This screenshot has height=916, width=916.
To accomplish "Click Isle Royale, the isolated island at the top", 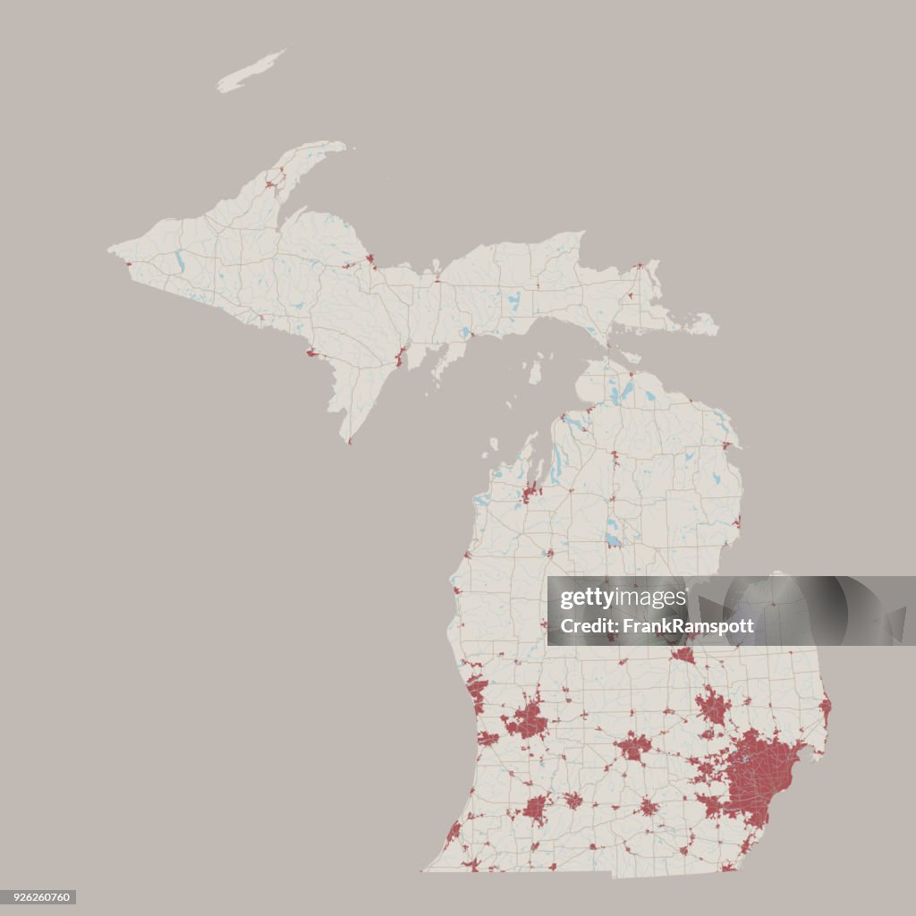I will (x=250, y=72).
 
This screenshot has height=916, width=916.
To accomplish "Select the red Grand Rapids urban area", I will (x=527, y=721).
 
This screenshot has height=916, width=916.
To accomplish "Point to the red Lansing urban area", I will (x=633, y=745).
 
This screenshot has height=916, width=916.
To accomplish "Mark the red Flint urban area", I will (x=713, y=706).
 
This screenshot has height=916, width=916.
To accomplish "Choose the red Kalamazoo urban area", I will (x=535, y=809).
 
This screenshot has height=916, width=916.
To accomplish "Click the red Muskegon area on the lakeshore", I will (x=477, y=689).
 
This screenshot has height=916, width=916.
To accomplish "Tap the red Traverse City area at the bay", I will (x=530, y=491).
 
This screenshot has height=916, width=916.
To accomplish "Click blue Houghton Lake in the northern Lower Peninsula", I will (x=612, y=539).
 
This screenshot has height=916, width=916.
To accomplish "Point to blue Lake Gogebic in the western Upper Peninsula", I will (x=180, y=264).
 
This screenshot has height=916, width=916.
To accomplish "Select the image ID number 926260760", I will (x=38, y=896).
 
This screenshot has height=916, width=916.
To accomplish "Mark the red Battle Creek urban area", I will (x=572, y=800).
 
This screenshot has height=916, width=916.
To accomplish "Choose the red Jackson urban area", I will (x=648, y=807).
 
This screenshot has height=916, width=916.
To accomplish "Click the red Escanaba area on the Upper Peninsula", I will (x=400, y=358).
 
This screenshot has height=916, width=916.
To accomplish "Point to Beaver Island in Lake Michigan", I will (x=535, y=371).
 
